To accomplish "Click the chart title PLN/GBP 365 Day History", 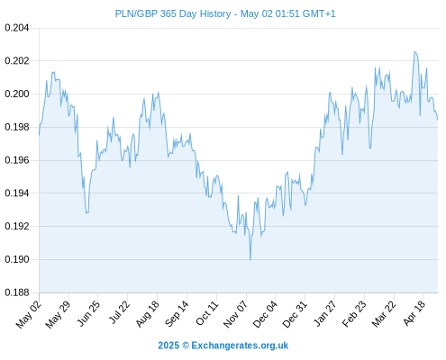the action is point(173,13).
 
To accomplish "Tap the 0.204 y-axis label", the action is point(17,28).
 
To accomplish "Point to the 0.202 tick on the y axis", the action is point(17,61).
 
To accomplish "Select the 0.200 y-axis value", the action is point(17,94).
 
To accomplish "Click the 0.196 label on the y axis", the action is point(17,160).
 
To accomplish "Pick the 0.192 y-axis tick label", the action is point(17,226).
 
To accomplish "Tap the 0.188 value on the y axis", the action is point(17,292).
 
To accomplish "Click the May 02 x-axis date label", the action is point(28,314).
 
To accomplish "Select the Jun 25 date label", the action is point(87,313).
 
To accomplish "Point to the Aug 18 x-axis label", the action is point(147,314).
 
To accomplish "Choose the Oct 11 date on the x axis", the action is point(206,313).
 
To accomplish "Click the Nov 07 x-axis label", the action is point(235,314).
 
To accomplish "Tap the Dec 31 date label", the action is point(295,314).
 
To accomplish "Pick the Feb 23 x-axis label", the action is point(354,314).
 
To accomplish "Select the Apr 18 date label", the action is point(414,313).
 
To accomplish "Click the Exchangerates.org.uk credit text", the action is point(240,346).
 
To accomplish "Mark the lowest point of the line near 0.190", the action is point(250,260).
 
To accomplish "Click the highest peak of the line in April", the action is point(414,51).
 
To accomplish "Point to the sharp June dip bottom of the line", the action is point(86,213).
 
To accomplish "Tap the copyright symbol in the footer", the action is point(186,346).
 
